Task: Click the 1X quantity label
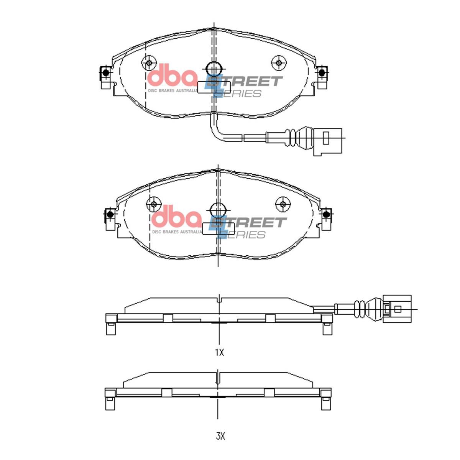[x=219, y=353]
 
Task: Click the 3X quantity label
[x=220, y=436]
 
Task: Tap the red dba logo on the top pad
[x=172, y=76]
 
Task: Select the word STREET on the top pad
[x=247, y=82]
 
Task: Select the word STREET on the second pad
[x=251, y=223]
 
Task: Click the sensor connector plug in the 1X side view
[x=397, y=308]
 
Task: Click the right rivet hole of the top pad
[x=279, y=63]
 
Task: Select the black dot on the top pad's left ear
[x=105, y=72]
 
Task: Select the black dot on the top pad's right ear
[x=322, y=72]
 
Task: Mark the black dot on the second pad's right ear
[x=327, y=214]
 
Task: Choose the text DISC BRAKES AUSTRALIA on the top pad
[x=172, y=91]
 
